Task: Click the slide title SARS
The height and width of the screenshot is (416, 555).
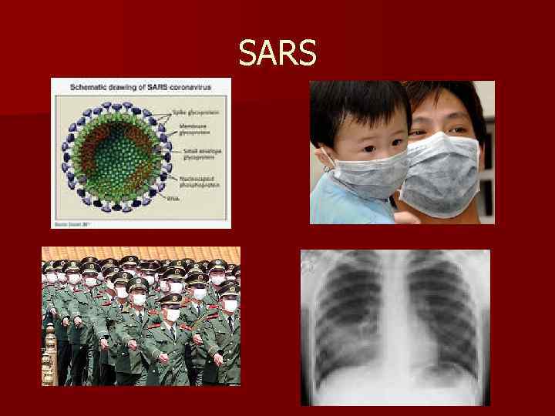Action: tap(277, 53)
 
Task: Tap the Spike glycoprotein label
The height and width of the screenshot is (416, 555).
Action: tap(196, 113)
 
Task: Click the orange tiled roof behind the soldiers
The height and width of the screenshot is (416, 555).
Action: tap(139, 253)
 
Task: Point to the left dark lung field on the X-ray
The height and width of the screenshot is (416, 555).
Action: tap(351, 316)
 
